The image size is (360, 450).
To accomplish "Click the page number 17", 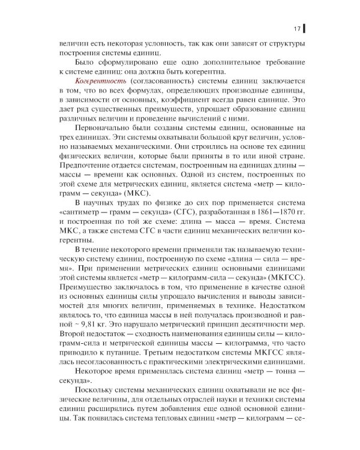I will point(296,28).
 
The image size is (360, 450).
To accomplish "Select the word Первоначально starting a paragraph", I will point(100,128).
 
